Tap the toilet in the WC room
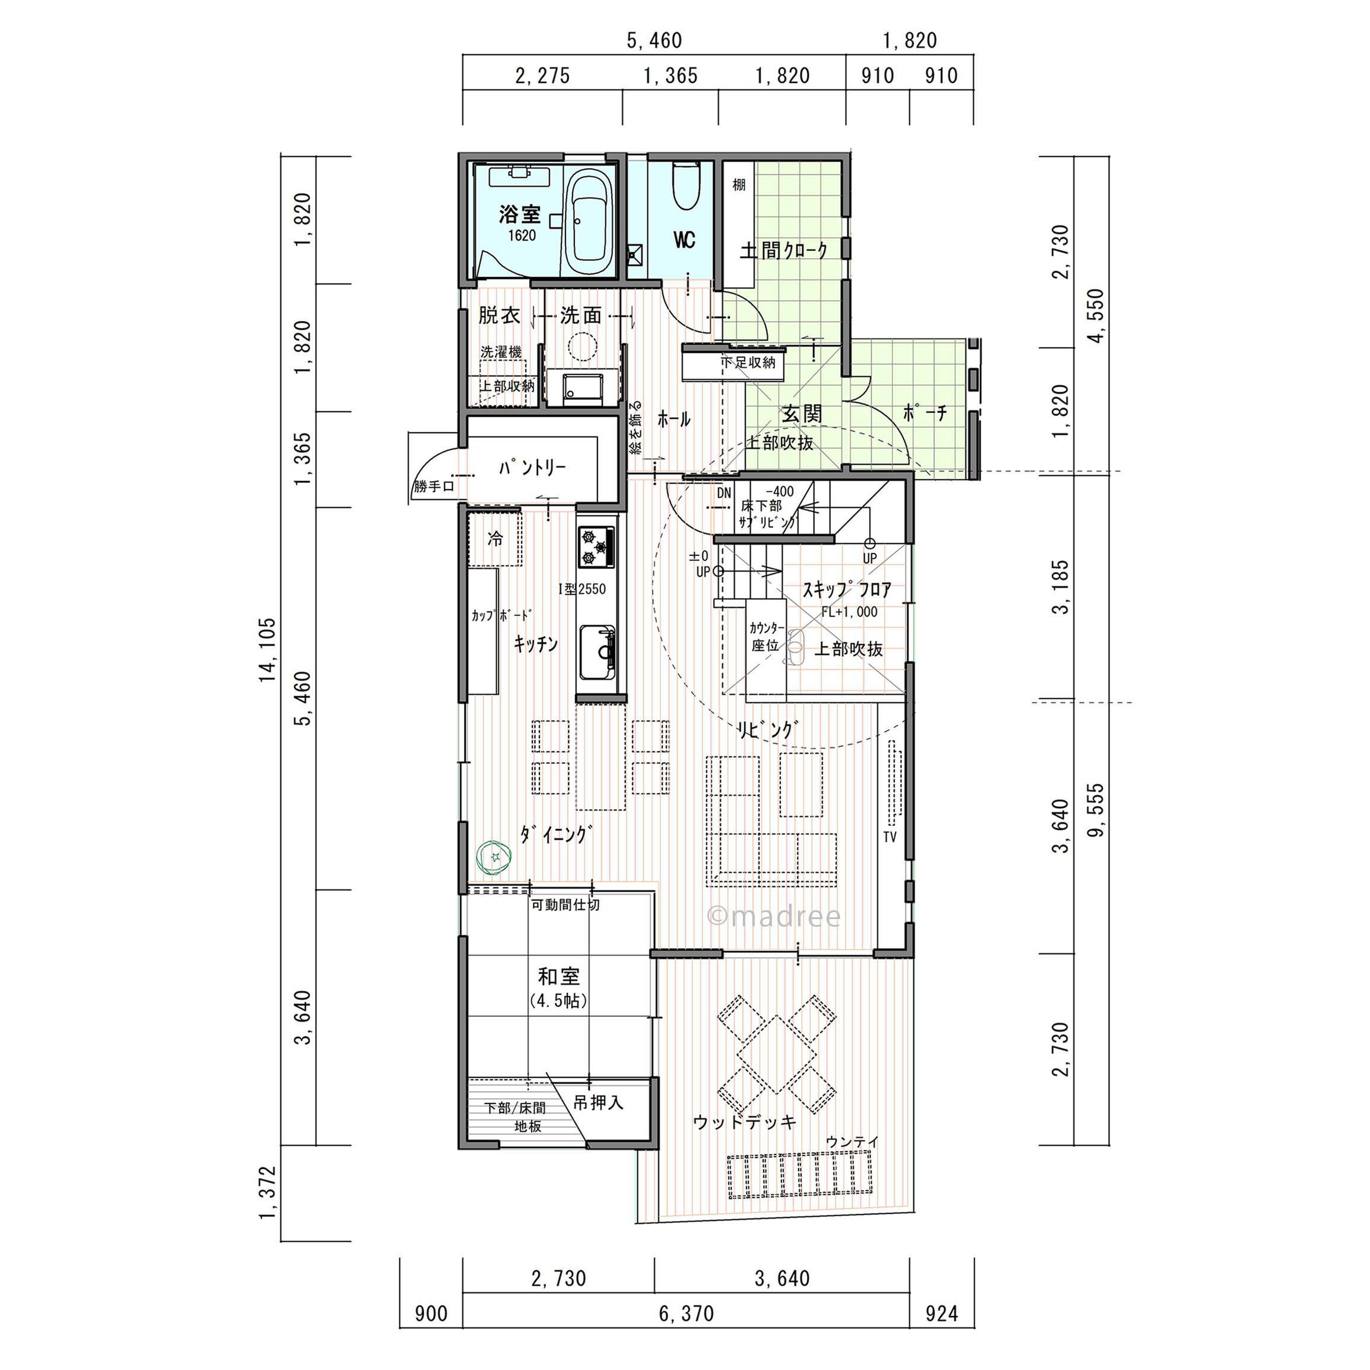686,186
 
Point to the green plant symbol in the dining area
495,857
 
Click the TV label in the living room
890,837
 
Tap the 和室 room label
559,977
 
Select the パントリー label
532,468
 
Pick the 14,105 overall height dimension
268,650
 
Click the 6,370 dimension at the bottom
686,1314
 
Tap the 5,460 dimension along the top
654,41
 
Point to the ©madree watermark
774,917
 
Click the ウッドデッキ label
745,1123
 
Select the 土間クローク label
784,250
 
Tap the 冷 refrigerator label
495,539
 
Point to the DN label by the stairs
723,494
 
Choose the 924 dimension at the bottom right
942,1314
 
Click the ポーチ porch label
926,413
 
